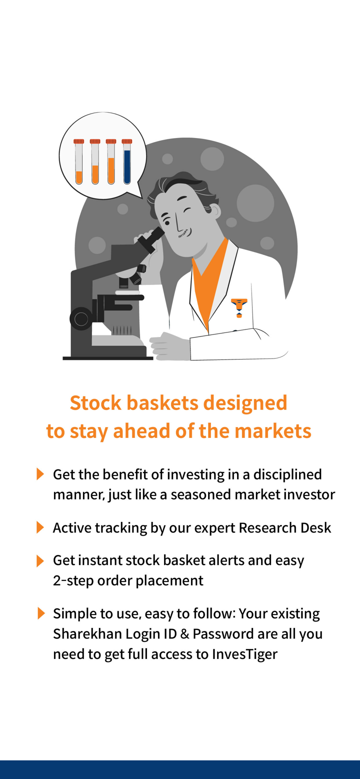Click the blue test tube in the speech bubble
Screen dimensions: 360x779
pyautogui.click(x=127, y=161)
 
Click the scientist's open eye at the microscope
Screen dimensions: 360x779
pyautogui.click(x=167, y=222)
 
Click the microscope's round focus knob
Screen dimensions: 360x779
pyautogui.click(x=81, y=318)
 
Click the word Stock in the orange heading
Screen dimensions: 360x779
pyautogui.click(x=95, y=403)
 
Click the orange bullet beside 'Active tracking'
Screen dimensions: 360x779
pyautogui.click(x=40, y=527)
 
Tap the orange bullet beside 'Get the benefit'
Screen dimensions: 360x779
pyautogui.click(x=40, y=474)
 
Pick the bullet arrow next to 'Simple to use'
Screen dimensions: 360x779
pyautogui.click(x=41, y=613)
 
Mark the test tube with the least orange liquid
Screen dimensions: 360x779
pyautogui.click(x=79, y=161)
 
